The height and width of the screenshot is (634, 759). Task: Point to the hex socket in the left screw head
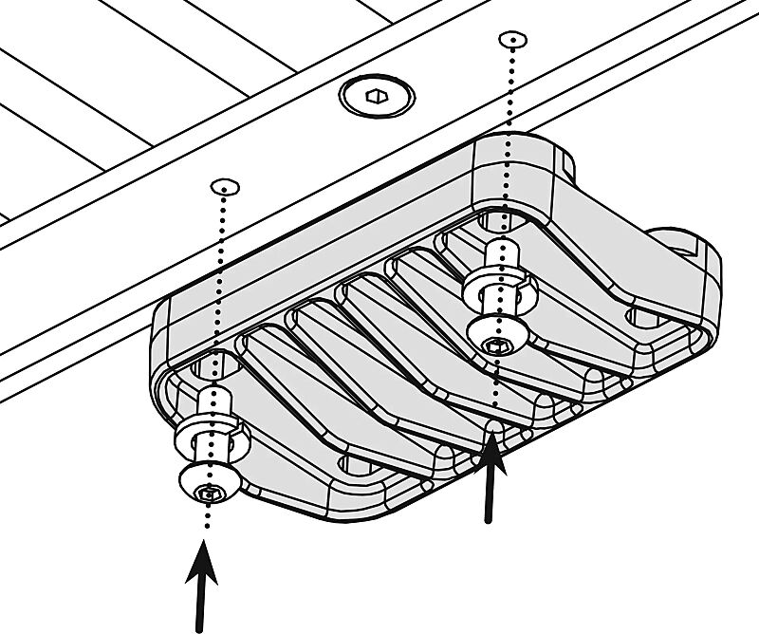207,491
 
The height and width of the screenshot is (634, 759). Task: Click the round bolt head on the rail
377,97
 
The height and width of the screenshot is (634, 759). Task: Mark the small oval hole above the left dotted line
224,185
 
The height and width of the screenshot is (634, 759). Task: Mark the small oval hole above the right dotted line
511,40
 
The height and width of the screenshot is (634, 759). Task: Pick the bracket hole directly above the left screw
217,364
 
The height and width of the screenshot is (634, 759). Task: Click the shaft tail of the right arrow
489,517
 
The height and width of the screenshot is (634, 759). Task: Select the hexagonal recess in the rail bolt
377,95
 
